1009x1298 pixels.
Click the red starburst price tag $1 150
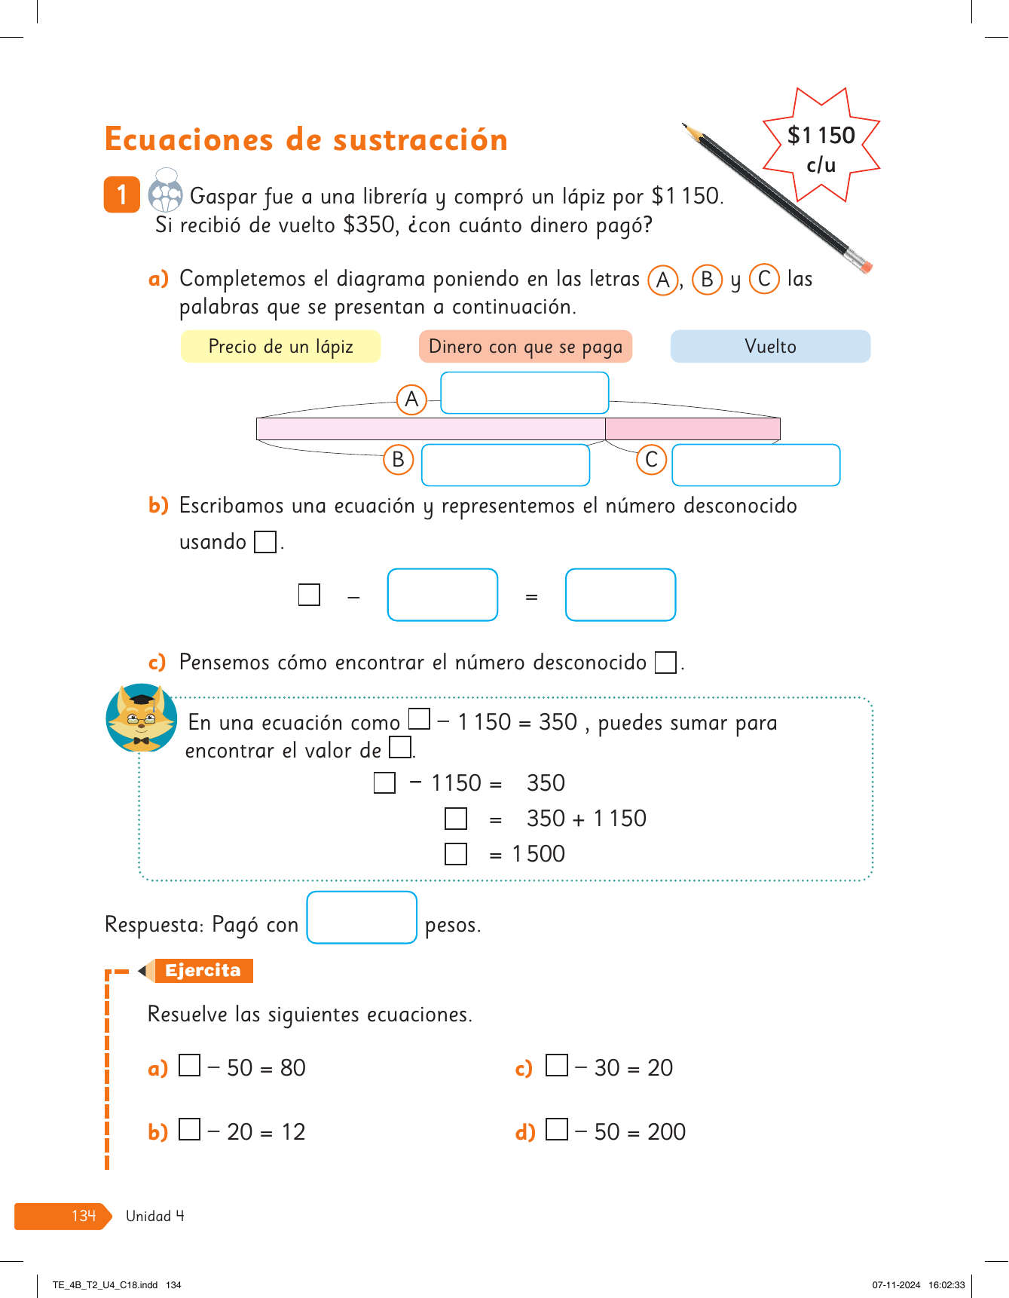click(821, 146)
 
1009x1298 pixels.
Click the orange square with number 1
click(121, 194)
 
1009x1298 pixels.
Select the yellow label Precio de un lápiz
click(280, 347)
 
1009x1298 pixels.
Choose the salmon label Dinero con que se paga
click(525, 347)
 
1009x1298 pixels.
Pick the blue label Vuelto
click(770, 347)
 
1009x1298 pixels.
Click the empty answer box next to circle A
click(524, 393)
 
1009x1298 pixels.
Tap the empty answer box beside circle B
click(505, 465)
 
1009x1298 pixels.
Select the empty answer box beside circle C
click(755, 465)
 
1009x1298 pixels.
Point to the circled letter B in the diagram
click(399, 460)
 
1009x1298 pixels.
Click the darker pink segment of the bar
click(692, 429)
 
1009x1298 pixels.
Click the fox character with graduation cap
click(142, 718)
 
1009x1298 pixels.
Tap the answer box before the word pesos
click(362, 917)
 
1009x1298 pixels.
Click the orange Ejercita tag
click(203, 970)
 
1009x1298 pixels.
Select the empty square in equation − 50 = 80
click(190, 1065)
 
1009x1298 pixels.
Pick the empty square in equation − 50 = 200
click(557, 1129)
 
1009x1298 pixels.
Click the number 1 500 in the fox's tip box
click(538, 854)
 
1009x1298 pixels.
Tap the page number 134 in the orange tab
click(84, 1216)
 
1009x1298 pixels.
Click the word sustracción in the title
click(420, 140)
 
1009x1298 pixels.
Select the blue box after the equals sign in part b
click(620, 595)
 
